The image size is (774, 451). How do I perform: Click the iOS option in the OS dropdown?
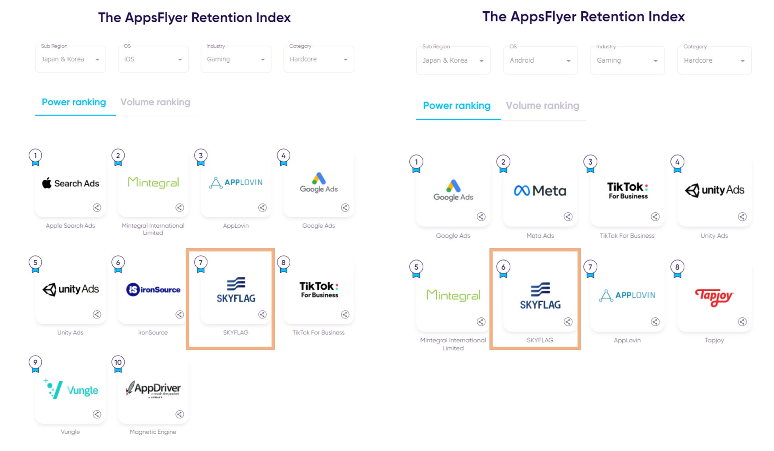pos(153,59)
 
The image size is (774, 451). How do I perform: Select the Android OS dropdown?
pos(540,60)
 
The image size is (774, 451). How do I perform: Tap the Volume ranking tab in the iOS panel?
pos(155,102)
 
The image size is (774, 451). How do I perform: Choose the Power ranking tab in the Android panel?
pos(456,106)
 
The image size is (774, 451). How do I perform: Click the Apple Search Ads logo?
pos(71,183)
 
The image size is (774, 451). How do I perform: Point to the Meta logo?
pos(540,191)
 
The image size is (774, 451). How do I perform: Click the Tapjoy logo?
pos(714,296)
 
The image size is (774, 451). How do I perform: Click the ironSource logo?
pos(153,290)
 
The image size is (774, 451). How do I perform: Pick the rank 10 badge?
pos(118,363)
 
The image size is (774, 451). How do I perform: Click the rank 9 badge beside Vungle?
pos(35,363)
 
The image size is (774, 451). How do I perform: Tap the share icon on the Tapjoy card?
pos(742,322)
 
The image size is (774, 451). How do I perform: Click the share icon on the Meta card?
pos(568,217)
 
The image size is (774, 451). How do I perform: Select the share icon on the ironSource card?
pos(180,315)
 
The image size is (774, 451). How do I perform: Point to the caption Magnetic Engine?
pos(153,432)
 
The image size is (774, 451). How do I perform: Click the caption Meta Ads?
pos(540,236)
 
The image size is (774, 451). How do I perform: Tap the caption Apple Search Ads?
pos(70,226)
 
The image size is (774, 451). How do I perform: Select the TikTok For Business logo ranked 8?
pos(319,290)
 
